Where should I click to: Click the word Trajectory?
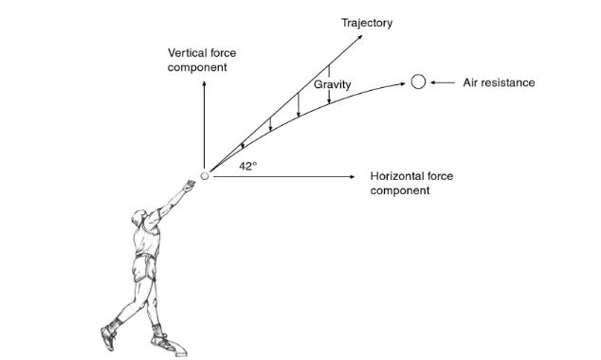[x=367, y=23]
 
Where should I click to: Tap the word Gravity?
[x=332, y=85]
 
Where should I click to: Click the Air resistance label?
[x=499, y=82]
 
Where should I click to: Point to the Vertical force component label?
[x=201, y=60]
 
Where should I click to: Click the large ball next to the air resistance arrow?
[x=418, y=82]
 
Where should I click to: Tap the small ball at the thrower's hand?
[x=205, y=175]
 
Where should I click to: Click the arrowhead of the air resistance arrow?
[x=432, y=82]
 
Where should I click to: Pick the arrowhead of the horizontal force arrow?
[x=358, y=176]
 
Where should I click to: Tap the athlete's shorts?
[x=145, y=273]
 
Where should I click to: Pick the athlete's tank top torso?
[x=147, y=243]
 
